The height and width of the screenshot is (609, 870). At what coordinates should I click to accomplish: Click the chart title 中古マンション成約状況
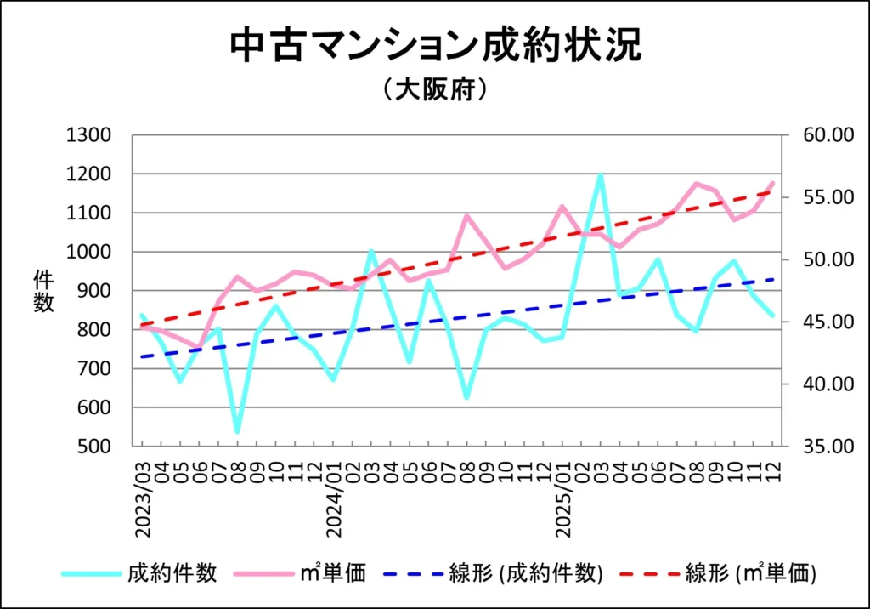click(x=434, y=46)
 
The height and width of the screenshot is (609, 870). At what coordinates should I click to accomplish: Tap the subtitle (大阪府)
click(x=434, y=90)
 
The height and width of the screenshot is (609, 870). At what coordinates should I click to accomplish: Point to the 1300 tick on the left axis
click(x=88, y=136)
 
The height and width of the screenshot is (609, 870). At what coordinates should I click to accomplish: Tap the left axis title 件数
click(x=43, y=291)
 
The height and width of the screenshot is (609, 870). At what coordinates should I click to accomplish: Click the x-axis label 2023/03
click(x=143, y=498)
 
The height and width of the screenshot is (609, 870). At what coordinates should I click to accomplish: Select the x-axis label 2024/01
click(x=334, y=498)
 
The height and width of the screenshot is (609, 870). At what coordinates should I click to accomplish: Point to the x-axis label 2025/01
click(x=562, y=498)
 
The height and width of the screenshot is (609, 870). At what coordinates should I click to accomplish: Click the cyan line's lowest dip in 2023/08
click(x=237, y=432)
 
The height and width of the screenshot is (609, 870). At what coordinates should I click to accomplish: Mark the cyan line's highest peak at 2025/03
click(x=601, y=175)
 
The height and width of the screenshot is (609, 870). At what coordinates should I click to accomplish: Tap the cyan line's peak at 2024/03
click(x=371, y=251)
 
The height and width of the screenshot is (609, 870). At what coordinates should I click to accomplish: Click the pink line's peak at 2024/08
click(x=466, y=216)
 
